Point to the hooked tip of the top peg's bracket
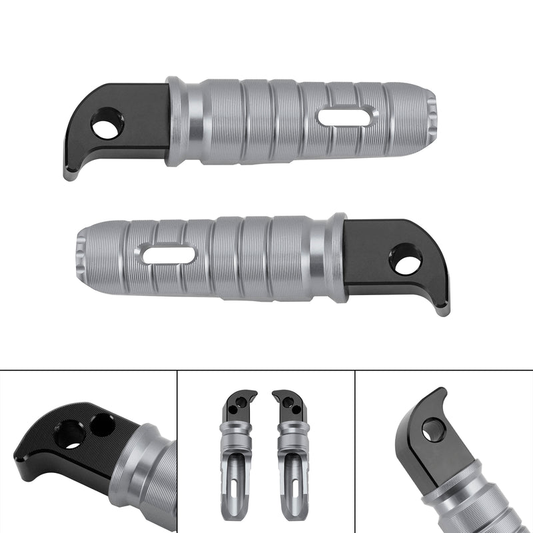[69, 175]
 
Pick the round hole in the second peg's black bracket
[405, 259]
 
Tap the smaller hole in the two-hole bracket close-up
[103, 423]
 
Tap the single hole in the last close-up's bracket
[433, 430]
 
